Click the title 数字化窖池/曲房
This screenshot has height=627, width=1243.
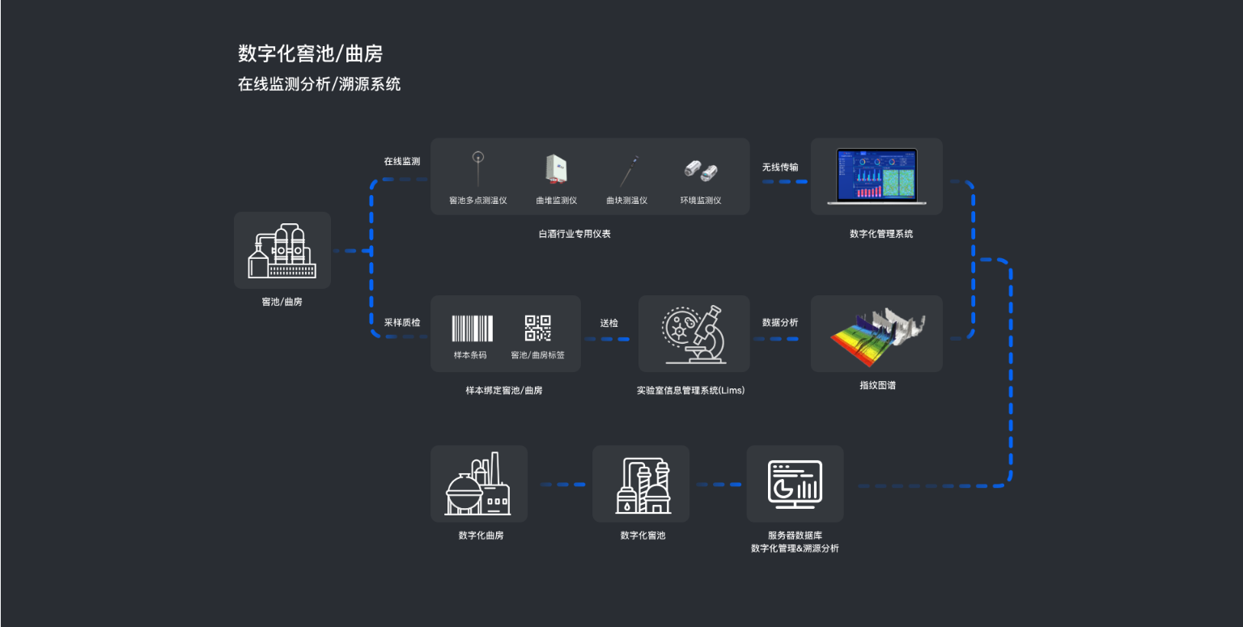pos(310,54)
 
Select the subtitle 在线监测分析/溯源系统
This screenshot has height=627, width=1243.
pos(319,84)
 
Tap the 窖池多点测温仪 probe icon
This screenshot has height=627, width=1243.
pos(477,167)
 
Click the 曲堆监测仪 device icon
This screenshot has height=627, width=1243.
pos(555,168)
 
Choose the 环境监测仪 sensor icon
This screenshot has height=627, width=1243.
pos(701,170)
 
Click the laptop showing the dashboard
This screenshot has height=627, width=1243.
pos(876,176)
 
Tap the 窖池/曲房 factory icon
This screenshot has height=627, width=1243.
pos(282,251)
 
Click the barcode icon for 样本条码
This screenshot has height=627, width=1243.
pos(471,328)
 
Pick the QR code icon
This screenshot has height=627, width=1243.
pos(537,328)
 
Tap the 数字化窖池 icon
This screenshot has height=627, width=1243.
pos(641,485)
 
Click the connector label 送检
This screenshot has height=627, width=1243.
pos(609,323)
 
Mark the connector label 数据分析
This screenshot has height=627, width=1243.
pos(780,322)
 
